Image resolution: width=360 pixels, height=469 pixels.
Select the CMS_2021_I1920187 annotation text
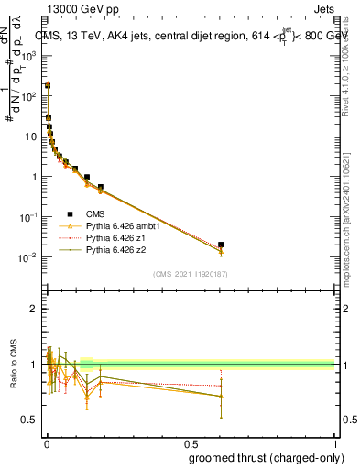(x=190, y=274)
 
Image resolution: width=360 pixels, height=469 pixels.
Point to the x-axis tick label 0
(x=46, y=442)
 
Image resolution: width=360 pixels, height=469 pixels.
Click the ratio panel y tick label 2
(x=34, y=309)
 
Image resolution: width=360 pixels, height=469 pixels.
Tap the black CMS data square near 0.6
(x=221, y=245)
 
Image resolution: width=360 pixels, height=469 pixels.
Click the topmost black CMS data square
(x=48, y=85)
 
